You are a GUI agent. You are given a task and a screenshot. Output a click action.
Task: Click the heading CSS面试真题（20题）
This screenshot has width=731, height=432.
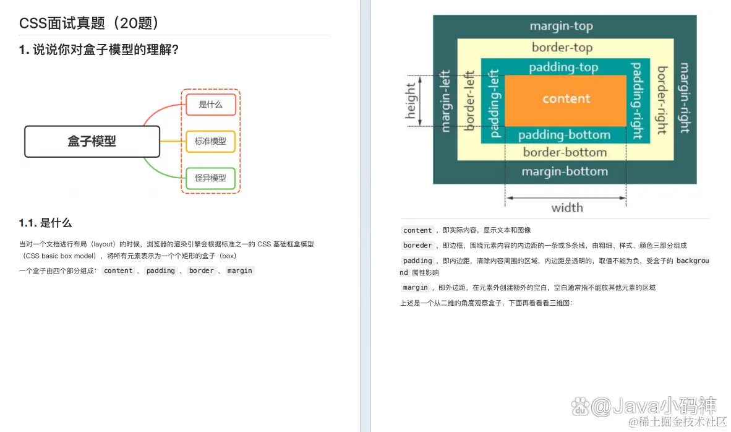[90, 24]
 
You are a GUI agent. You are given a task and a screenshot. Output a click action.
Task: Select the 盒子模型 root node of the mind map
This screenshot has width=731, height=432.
[92, 141]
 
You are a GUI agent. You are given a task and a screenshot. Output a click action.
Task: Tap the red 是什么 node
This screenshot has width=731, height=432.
[210, 105]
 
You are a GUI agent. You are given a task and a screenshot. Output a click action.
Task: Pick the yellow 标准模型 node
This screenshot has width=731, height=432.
[210, 141]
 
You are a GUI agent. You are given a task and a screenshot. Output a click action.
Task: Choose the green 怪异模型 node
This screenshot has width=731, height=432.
[210, 178]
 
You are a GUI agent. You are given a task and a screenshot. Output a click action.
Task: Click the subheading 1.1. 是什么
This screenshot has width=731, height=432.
[45, 223]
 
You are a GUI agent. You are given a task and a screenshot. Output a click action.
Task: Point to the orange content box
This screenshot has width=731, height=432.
[566, 99]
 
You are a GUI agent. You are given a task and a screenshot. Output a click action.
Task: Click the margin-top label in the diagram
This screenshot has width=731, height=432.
[561, 26]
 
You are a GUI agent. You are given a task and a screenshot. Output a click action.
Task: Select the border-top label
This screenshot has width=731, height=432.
[562, 48]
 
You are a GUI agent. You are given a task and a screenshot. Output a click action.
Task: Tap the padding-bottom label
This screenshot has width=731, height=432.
[564, 135]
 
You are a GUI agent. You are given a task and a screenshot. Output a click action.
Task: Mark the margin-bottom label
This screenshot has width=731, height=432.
[564, 171]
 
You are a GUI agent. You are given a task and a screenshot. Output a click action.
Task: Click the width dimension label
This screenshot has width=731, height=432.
[567, 208]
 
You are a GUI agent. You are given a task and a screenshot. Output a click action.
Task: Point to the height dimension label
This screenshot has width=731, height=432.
[411, 101]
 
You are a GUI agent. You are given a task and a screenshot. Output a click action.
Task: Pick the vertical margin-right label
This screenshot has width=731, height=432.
[685, 97]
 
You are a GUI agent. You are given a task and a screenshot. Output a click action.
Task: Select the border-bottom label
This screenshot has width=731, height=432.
[565, 152]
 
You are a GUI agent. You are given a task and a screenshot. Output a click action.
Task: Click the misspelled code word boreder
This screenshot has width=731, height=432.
[417, 246]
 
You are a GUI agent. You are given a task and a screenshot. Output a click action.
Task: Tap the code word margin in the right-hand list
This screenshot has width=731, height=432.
[415, 288]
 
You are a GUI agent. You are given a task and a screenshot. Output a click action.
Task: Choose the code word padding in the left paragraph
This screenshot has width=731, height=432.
[161, 271]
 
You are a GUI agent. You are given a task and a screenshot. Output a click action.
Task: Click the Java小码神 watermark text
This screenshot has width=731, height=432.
[654, 406]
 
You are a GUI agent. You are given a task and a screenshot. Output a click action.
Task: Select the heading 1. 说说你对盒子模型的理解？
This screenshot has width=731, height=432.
[99, 50]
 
